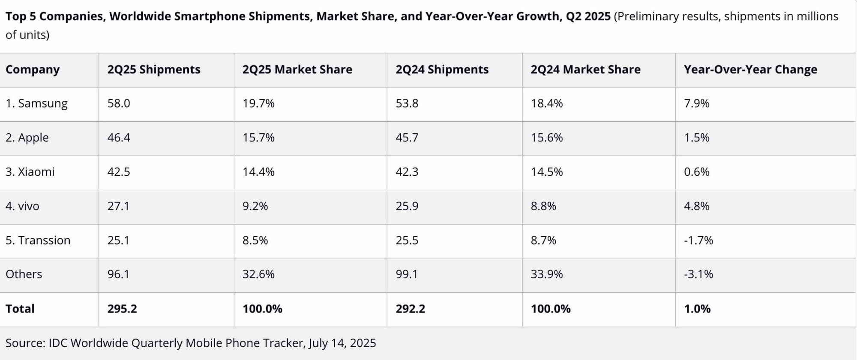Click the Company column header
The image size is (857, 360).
33,69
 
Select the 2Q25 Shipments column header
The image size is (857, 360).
154,69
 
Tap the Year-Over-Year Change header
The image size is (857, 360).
750,69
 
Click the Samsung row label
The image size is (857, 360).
36,103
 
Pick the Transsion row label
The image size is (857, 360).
38,240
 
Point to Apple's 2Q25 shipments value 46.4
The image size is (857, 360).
119,138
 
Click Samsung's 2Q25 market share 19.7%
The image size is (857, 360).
258,103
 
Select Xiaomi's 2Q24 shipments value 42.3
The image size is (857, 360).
407,172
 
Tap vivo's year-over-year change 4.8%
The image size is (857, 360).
696,206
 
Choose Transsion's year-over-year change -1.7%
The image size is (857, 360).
698,240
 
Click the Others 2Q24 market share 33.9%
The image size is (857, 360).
546,274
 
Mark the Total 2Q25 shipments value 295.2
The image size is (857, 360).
122,309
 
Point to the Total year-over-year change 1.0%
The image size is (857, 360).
697,309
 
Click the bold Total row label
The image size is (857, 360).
20,309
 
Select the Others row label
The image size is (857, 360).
24,274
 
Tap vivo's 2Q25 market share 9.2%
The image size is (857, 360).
255,206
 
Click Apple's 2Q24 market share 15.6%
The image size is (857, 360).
546,138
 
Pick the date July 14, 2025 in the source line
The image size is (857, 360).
342,343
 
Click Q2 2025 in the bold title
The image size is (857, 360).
588,16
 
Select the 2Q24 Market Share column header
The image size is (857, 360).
585,69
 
